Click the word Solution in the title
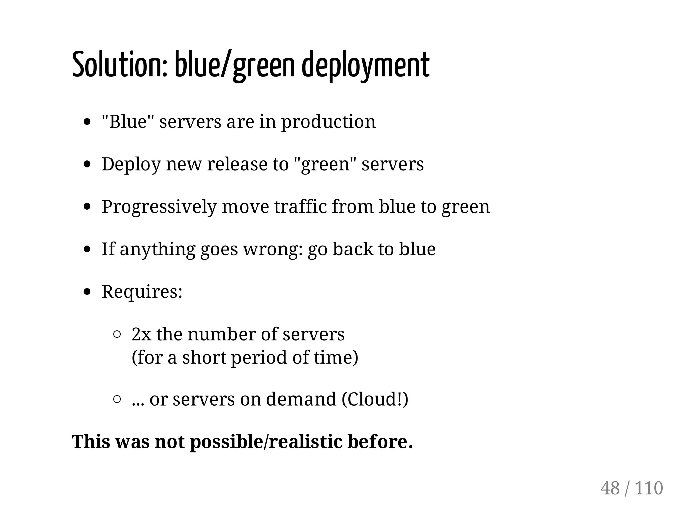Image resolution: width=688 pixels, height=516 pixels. point(119,64)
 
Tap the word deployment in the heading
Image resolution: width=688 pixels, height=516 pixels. point(366,65)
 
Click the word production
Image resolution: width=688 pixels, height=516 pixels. point(328,122)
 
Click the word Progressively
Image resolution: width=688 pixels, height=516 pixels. point(159,207)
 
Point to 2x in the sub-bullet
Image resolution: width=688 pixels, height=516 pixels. point(141,334)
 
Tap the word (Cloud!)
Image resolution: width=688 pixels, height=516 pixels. point(375,399)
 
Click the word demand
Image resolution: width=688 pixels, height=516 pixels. point(301,399)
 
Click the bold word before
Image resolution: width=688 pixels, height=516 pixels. point(380,442)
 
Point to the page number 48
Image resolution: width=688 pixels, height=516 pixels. point(610,488)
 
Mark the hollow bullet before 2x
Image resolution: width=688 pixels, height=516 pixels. point(117,334)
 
